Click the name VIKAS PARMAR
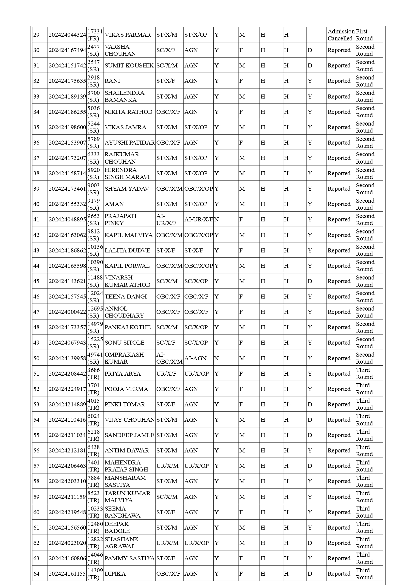pyautogui.click(x=128, y=35)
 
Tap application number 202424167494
pyautogui.click(x=67, y=50)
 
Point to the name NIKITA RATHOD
pyautogui.click(x=128, y=112)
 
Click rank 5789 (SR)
pyautogui.click(x=94, y=143)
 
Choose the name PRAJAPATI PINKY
pyautogui.click(x=121, y=219)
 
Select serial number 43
pyautogui.click(x=36, y=250)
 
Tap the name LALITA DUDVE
pyautogui.click(x=127, y=250)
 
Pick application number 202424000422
pyautogui.click(x=67, y=312)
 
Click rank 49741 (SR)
pyautogui.click(x=95, y=358)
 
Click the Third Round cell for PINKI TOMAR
pyautogui.click(x=364, y=404)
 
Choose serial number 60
pyautogui.click(x=36, y=512)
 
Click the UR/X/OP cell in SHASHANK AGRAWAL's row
pyautogui.click(x=196, y=543)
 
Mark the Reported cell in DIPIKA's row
pyautogui.click(x=339, y=574)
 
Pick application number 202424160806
pyautogui.click(x=67, y=558)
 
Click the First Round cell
pyautogui.click(x=364, y=35)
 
